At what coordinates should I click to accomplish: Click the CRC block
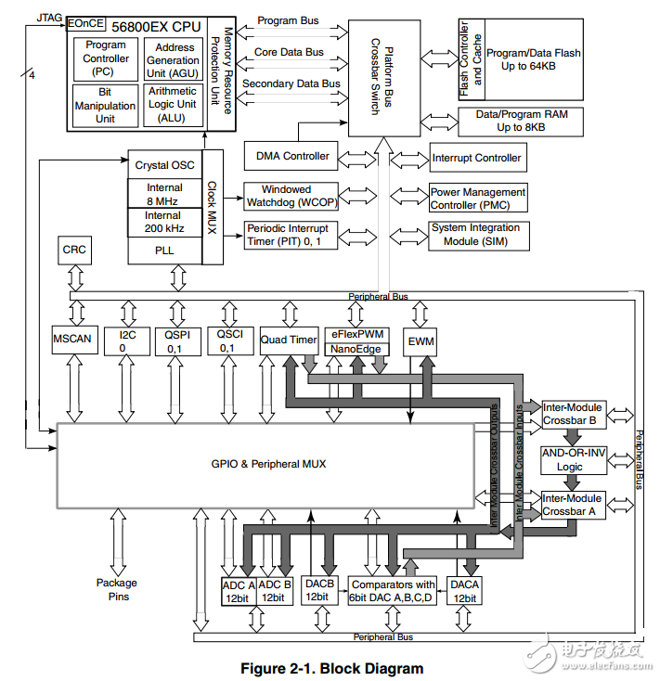[73, 251]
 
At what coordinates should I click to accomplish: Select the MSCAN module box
[72, 340]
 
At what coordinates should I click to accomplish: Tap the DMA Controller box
[292, 157]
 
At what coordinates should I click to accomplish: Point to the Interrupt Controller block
[477, 158]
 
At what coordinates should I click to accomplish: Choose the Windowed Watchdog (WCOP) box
[286, 196]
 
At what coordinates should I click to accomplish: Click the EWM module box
[421, 341]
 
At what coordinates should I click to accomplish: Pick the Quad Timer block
[289, 340]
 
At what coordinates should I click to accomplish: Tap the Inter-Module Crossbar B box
[572, 414]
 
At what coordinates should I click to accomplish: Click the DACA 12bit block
[463, 591]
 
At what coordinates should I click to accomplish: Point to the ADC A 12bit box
[238, 591]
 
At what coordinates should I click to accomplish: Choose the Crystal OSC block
[164, 165]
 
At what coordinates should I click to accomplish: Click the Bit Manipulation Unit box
[106, 106]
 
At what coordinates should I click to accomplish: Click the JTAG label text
[49, 17]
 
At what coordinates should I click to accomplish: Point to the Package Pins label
[116, 589]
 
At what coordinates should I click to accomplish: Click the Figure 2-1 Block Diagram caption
[331, 668]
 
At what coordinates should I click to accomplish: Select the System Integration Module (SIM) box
[476, 235]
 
